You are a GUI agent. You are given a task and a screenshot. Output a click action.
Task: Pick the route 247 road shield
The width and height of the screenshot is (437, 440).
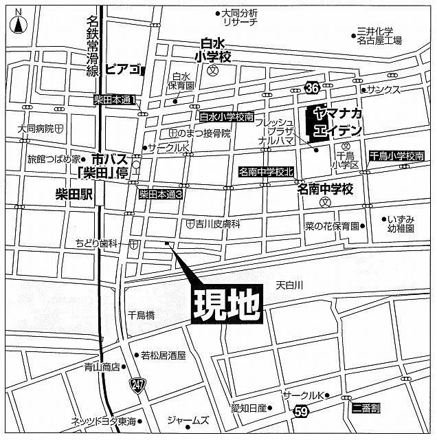[138, 383]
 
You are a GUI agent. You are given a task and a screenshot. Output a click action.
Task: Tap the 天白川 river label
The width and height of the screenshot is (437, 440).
[290, 284]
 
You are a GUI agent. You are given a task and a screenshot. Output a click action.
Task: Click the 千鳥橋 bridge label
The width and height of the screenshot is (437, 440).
[142, 315]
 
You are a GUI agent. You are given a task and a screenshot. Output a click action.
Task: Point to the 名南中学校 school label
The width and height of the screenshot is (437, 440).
[325, 188]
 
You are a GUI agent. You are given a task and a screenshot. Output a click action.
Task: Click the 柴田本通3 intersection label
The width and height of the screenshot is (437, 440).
[160, 195]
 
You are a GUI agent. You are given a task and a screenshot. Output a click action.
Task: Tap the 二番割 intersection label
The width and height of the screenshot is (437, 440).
[366, 408]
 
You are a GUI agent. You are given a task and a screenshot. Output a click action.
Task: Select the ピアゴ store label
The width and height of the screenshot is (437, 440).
[124, 70]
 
